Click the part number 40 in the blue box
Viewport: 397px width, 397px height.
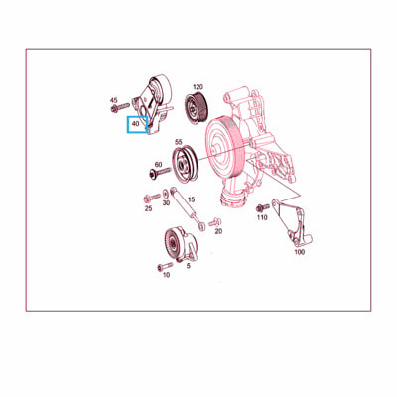pos(136,124)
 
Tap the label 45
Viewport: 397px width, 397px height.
pos(114,100)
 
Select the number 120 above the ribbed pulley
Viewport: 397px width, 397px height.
pos(198,87)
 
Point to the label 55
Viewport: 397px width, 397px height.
pos(179,142)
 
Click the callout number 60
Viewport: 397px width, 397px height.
pos(158,164)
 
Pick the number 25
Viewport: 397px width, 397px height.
pos(149,208)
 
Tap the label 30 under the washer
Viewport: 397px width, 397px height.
pos(166,203)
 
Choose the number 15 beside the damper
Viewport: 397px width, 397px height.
pos(192,199)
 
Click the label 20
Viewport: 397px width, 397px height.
pos(218,231)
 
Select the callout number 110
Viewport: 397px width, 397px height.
pos(262,217)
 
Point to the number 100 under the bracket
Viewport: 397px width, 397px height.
pos(300,252)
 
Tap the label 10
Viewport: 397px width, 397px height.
pos(166,275)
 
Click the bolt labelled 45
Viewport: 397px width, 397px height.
pos(120,107)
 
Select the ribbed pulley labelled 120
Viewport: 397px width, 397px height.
pos(197,108)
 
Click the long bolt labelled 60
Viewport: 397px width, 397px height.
pos(161,173)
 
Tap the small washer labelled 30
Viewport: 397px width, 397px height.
pos(165,193)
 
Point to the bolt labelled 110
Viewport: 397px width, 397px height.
pos(263,207)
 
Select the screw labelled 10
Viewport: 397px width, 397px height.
pos(165,266)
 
